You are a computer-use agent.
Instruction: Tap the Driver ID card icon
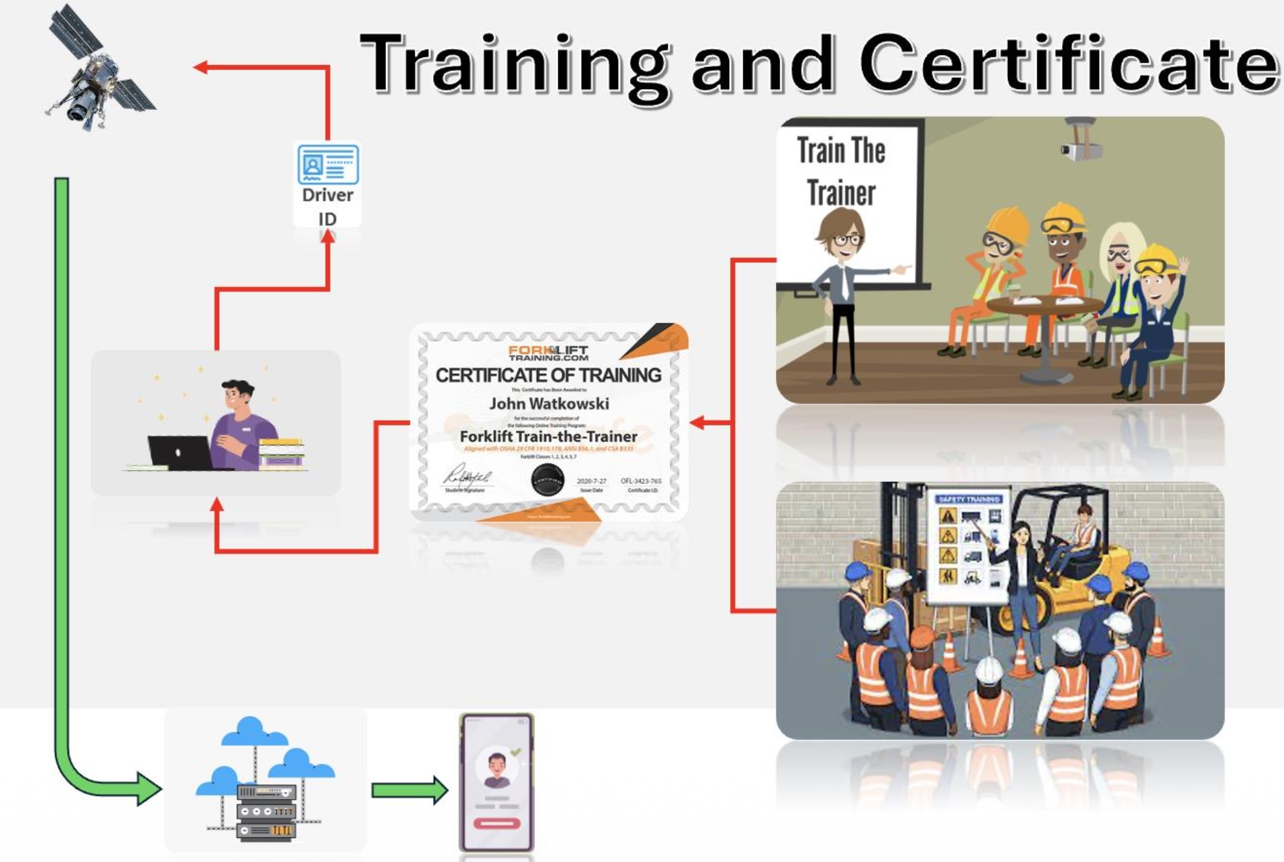coord(328,164)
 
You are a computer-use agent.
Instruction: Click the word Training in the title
coord(513,64)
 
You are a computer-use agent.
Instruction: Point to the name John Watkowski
coord(549,404)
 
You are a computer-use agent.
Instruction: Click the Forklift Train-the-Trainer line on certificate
coord(548,436)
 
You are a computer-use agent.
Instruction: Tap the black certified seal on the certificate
coord(547,480)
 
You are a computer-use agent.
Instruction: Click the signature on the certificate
coord(467,477)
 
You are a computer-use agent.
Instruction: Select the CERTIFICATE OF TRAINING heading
coord(548,375)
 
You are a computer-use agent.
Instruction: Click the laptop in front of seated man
coord(180,452)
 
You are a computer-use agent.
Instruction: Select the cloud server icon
coord(266,781)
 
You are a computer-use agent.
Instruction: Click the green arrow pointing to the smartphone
coord(409,790)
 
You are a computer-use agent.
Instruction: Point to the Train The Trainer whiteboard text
coord(841,172)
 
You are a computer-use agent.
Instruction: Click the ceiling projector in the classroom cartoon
coord(1080,141)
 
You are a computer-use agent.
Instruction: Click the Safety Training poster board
coord(968,546)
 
